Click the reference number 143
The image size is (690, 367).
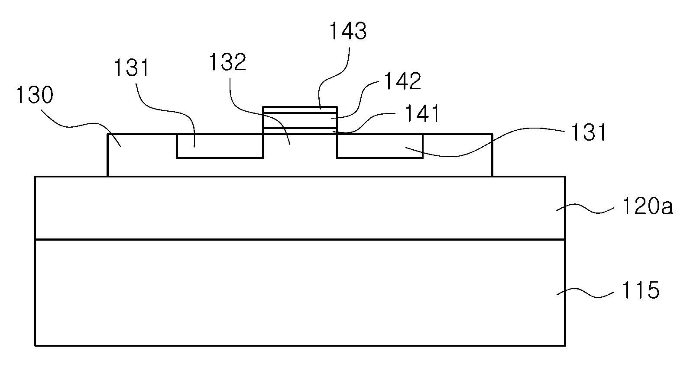[x=348, y=31]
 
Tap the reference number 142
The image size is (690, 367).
[x=403, y=81]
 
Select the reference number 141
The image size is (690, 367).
[x=422, y=114]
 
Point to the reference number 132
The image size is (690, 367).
[x=228, y=62]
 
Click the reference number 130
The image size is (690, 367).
[x=35, y=94]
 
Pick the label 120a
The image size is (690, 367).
[x=648, y=206]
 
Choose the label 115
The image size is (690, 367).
[x=641, y=290]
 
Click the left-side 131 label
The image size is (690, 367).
[x=132, y=68]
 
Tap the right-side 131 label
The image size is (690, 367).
[x=589, y=132]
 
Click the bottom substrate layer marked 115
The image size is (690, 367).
[x=300, y=293]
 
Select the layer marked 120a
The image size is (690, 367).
[x=300, y=208]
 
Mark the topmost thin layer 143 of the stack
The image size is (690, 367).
[x=300, y=110]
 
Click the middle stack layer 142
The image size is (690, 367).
[x=300, y=121]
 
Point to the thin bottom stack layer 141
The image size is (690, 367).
[x=300, y=131]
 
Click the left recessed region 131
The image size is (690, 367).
[x=220, y=146]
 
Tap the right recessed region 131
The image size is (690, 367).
[x=380, y=146]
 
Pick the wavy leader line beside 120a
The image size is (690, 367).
[x=585, y=209]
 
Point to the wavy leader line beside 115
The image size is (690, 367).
[x=585, y=293]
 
